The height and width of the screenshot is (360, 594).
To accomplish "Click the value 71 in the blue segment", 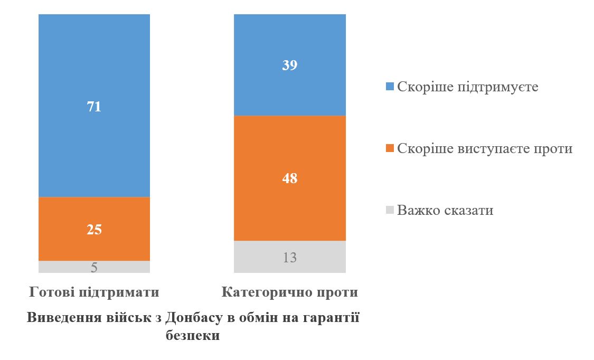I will tap(94, 107).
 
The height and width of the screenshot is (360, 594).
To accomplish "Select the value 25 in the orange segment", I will tap(94, 230).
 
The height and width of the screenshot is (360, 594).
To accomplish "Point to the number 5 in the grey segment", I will tap(94, 267).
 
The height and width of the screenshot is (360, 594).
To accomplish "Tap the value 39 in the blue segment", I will tap(290, 65).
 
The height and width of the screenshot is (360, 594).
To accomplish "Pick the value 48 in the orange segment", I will tap(290, 178).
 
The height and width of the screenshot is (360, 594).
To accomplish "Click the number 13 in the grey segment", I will tap(290, 258).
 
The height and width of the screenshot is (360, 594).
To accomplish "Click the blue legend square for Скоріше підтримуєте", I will tap(390, 87).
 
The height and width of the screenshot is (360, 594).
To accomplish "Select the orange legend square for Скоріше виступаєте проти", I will tap(390, 149).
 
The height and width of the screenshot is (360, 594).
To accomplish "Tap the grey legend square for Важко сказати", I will tap(390, 211).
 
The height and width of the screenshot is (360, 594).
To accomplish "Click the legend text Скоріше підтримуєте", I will tap(468, 87).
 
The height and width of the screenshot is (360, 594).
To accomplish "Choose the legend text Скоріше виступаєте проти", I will tap(485, 148).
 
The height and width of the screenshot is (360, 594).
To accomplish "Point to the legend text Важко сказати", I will tap(445, 210).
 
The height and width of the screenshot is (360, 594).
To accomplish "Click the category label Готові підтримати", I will tap(94, 292).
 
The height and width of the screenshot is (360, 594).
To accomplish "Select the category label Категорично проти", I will tap(290, 292).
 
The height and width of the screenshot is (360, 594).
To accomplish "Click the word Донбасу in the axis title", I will tap(190, 318).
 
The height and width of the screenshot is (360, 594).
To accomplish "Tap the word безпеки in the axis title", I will tap(193, 335).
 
